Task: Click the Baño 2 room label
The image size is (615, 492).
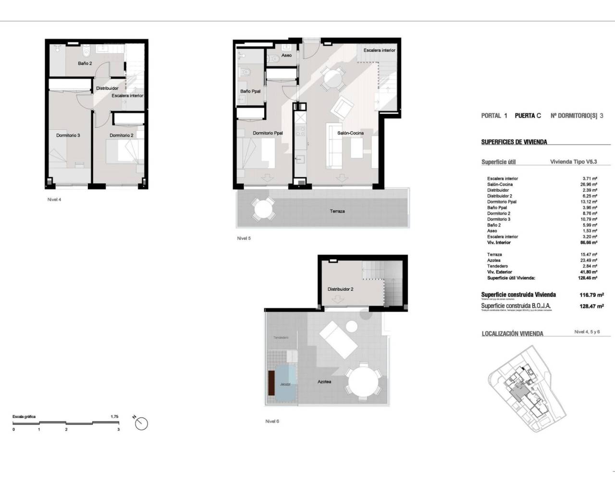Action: (x=85, y=63)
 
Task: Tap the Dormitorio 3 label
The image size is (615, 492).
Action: (x=68, y=135)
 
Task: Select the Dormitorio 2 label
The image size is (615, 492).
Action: (x=122, y=135)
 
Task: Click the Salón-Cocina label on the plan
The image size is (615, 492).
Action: (x=350, y=133)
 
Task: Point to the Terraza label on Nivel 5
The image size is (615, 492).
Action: (x=337, y=211)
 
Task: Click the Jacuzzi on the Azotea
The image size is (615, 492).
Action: (x=285, y=385)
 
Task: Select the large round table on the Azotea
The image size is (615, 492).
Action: (x=364, y=382)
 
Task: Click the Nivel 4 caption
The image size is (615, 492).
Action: (x=54, y=199)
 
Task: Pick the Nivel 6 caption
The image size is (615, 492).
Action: (x=272, y=421)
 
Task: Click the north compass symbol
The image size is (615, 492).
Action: (x=141, y=423)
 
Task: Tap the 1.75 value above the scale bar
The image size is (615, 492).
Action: (x=114, y=417)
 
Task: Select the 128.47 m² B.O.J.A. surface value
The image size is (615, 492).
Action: (x=591, y=306)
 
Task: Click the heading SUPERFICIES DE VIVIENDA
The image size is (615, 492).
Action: (x=514, y=142)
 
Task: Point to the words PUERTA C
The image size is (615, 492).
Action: (x=528, y=116)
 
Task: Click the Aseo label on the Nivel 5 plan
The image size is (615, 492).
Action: (x=286, y=55)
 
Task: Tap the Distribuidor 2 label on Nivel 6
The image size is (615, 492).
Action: (x=340, y=289)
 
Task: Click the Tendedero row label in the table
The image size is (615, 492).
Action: (x=497, y=266)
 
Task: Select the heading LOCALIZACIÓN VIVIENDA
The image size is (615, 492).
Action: (x=512, y=333)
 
